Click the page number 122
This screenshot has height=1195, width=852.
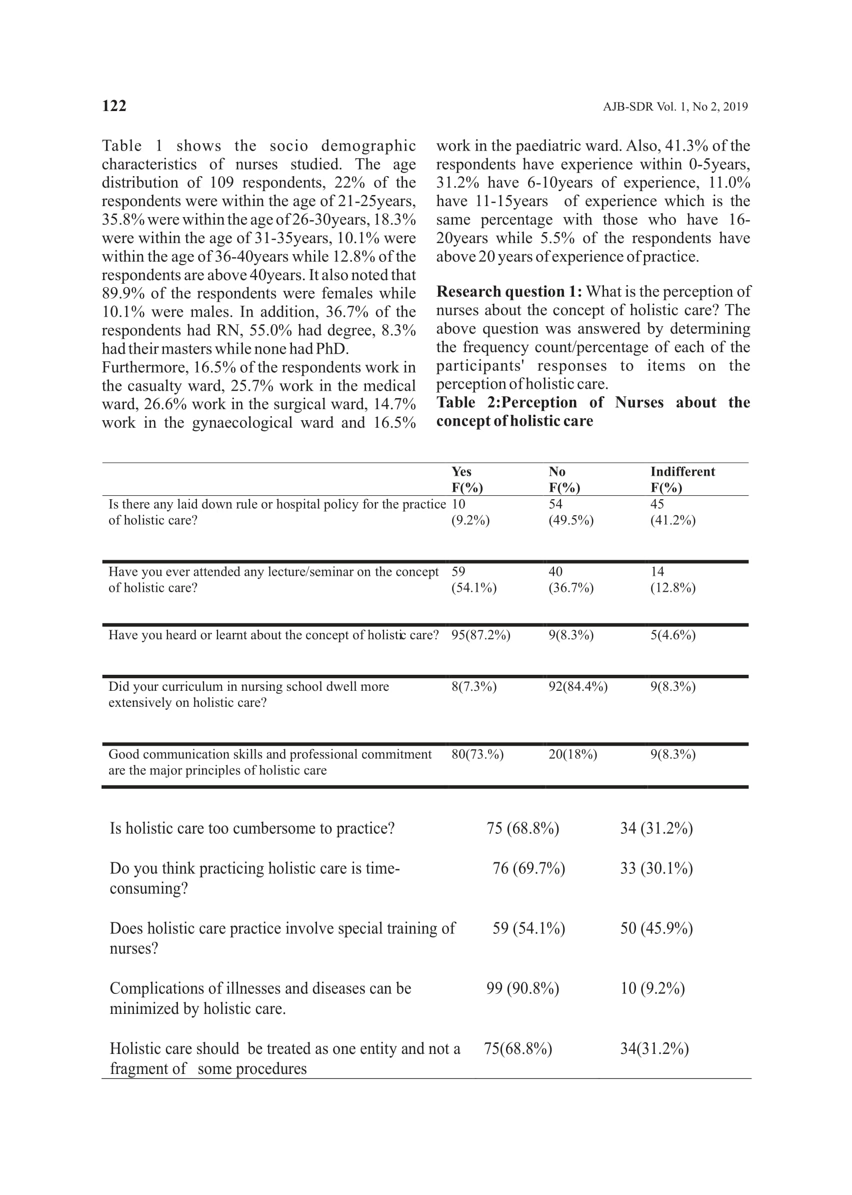(114, 106)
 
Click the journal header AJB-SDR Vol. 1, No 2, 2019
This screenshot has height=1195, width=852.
(674, 107)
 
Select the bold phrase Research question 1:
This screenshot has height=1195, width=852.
(508, 292)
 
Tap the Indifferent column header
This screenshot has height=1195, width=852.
(682, 472)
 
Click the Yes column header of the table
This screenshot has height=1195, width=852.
(461, 472)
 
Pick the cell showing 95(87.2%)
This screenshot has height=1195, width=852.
(480, 636)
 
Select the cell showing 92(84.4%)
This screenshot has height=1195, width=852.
(577, 687)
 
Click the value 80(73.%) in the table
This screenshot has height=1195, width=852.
(477, 755)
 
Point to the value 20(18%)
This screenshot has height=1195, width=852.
(572, 755)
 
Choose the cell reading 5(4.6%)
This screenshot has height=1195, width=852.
(672, 636)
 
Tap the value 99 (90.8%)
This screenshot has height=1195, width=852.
(522, 989)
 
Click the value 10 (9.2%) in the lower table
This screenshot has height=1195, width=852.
(652, 989)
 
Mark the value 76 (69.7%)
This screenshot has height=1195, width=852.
(528, 868)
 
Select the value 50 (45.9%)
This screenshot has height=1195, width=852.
(656, 928)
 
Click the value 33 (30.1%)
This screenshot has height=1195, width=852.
(656, 868)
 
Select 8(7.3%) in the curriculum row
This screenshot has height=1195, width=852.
(473, 687)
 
